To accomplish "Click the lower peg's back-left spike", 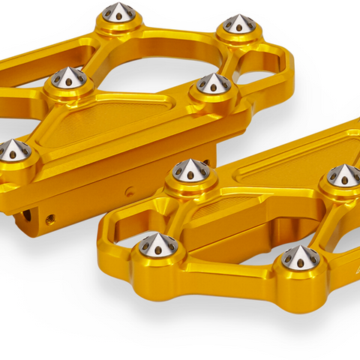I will click(190, 172).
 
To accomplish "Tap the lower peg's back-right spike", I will click(343, 175).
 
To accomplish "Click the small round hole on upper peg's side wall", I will click(130, 190).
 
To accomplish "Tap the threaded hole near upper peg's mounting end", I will click(50, 219).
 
